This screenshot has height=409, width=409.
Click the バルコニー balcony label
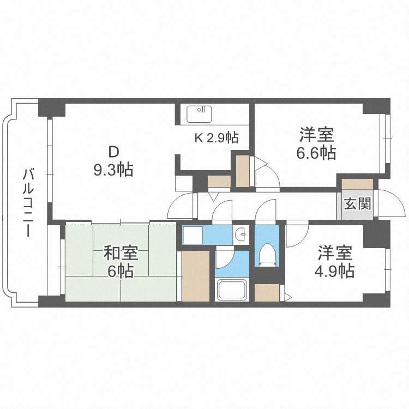click(x=28, y=203)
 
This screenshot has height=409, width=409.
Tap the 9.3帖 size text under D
click(x=113, y=169)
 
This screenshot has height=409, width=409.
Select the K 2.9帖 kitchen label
click(x=216, y=137)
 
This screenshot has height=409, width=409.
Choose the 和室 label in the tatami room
click(x=121, y=252)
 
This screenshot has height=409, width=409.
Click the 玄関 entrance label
click(x=357, y=203)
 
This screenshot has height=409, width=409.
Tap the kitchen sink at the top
click(x=199, y=114)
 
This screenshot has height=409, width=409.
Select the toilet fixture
click(x=267, y=255)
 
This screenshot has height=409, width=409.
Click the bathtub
click(x=232, y=290)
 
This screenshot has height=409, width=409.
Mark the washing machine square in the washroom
click(x=193, y=234)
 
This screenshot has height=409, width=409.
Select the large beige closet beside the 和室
click(x=196, y=276)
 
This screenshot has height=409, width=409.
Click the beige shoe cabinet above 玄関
click(x=357, y=184)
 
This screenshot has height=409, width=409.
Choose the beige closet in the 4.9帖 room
click(x=267, y=293)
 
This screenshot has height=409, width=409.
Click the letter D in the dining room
click(x=113, y=152)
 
